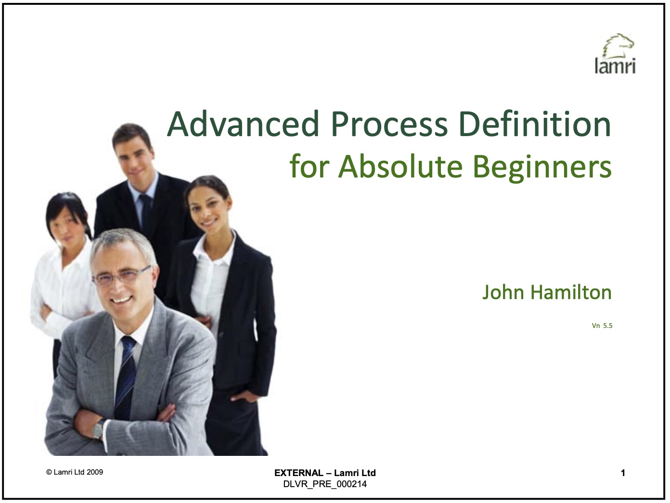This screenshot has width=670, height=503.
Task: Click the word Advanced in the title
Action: point(243,124)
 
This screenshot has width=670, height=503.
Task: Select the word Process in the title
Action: point(389,124)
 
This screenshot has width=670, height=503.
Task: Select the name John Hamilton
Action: point(547,292)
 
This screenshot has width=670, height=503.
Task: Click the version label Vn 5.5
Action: point(602,326)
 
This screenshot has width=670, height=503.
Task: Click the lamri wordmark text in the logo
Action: point(615,66)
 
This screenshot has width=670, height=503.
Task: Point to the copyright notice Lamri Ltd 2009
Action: point(75,472)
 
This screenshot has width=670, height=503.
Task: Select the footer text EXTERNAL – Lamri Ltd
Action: point(325,473)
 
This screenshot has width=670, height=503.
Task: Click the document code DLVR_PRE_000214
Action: point(325,484)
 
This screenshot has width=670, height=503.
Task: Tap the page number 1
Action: point(623,473)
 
